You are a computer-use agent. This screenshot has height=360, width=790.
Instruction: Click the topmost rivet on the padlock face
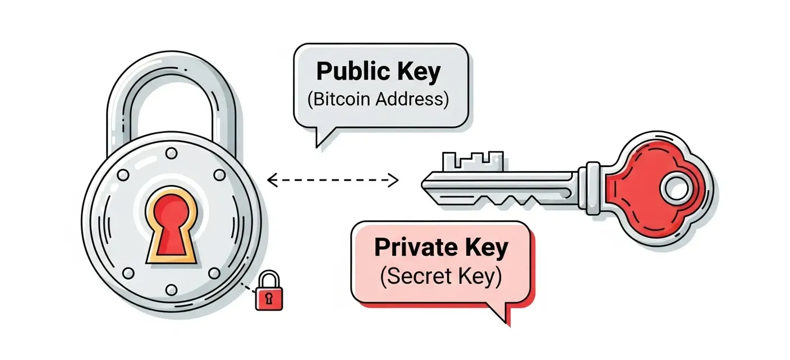coord(172,152)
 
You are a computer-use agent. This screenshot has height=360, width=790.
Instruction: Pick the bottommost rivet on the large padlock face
coord(172,289)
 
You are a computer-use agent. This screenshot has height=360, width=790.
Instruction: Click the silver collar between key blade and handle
coord(593,182)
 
